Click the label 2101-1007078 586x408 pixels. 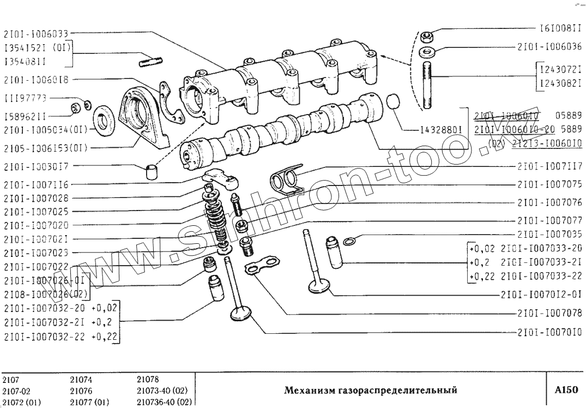click(x=549, y=313)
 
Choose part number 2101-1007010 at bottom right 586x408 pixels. click(x=549, y=332)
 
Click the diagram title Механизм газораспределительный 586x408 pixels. click(x=370, y=390)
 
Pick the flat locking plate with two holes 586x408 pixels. click(x=262, y=268)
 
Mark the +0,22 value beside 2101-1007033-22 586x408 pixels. click(x=481, y=275)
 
